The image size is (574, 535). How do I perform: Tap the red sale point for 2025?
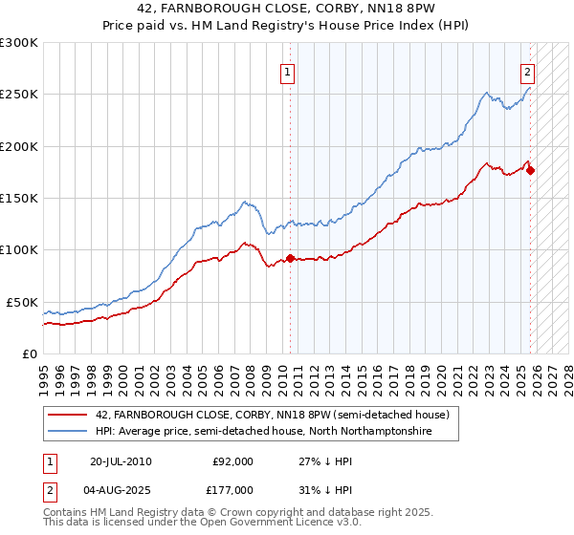click(531, 171)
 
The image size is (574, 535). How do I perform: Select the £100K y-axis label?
click(19, 249)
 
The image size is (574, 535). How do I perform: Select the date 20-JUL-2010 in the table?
click(120, 461)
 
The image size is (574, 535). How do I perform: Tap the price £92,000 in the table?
click(232, 461)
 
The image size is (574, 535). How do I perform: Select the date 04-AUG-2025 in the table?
click(121, 488)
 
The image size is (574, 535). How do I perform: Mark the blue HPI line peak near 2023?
click(487, 93)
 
